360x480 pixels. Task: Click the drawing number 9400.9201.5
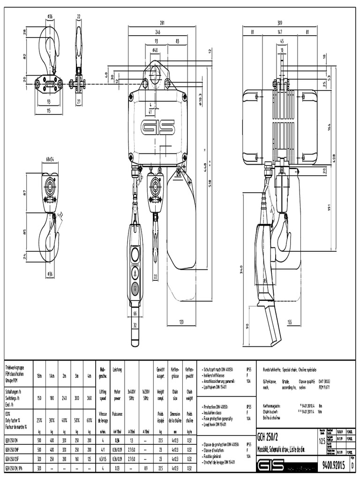[334, 465]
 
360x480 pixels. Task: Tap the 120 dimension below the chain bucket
[181, 322]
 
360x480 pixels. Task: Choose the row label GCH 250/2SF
[15, 459]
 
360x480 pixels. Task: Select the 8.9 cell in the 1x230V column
[146, 467]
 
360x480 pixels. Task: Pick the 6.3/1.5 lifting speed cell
[102, 459]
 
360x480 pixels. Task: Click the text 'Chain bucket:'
[273, 411]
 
